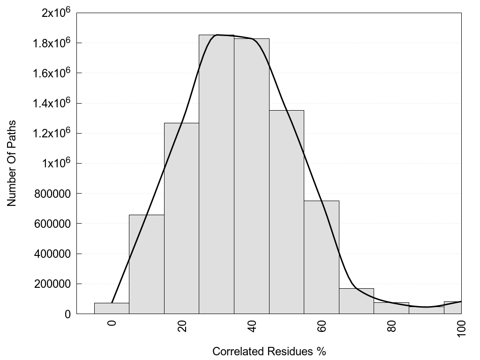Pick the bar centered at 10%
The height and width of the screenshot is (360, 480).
(x=147, y=264)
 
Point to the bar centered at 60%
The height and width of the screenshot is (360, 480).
(x=322, y=257)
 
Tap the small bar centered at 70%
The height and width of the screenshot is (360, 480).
(x=356, y=301)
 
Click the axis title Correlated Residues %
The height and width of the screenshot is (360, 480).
(x=269, y=351)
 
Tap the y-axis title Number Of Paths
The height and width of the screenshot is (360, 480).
(x=12, y=163)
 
